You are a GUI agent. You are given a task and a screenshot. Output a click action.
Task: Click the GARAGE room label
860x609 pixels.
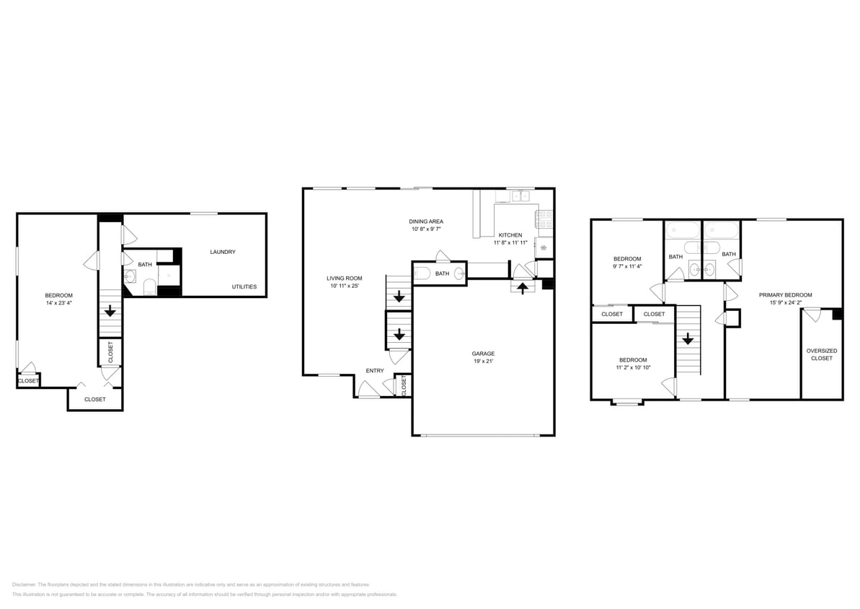coord(483,354)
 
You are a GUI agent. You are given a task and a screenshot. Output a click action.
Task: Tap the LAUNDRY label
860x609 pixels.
coord(223,252)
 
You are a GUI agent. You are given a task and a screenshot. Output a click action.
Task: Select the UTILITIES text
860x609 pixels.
coord(244,286)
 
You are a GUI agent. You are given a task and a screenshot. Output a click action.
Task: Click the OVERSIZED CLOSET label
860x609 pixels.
coord(821,354)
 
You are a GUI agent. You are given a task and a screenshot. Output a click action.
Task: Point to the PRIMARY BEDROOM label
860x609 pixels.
coord(785,294)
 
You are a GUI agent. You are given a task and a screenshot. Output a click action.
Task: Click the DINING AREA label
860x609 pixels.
coord(426,221)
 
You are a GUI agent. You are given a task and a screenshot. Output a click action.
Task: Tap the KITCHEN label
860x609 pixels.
coord(510,235)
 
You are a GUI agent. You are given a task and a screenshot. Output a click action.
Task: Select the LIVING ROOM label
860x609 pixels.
coord(345,278)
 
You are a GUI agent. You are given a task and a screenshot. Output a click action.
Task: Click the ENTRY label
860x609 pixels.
coord(375,370)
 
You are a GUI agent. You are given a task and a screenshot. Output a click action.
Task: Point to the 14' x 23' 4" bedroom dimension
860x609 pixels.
coord(58,303)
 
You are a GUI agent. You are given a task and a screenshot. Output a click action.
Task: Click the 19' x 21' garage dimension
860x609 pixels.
coord(483,362)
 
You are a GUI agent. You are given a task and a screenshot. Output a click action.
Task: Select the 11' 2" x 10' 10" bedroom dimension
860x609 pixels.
coord(633,367)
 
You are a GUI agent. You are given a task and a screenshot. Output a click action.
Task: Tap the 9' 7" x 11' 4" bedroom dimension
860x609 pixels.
coord(627,266)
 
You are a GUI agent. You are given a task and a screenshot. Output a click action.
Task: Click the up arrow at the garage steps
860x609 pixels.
coord(523,289)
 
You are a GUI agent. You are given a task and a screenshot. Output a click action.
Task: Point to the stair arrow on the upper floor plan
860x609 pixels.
coord(688,338)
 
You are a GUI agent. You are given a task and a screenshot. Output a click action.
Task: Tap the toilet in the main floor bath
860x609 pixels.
coord(423,273)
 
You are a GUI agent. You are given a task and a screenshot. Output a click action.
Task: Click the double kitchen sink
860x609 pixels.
coord(518,196)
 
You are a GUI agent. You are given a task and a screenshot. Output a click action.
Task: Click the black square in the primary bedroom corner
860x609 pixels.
coord(837,315)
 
